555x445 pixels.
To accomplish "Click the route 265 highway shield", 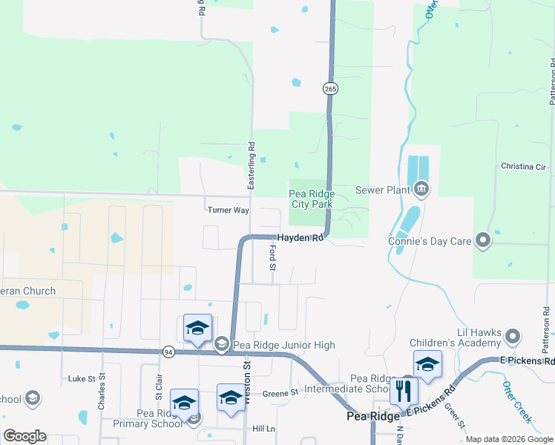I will pyautogui.click(x=330, y=89).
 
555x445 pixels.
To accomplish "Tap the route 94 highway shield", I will pyautogui.click(x=169, y=352).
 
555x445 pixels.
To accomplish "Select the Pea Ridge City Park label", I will pyautogui.click(x=311, y=199).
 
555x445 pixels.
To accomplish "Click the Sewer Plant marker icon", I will pyautogui.click(x=421, y=190).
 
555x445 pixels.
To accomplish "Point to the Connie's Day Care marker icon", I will pyautogui.click(x=483, y=240).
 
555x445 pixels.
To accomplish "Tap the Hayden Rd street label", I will pyautogui.click(x=301, y=238).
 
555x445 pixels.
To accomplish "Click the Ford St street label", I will pyautogui.click(x=272, y=257).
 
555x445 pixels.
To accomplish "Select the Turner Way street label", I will pyautogui.click(x=228, y=210).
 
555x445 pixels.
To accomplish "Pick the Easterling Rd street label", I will pyautogui.click(x=252, y=165).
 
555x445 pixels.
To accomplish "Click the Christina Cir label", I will pyautogui.click(x=523, y=166).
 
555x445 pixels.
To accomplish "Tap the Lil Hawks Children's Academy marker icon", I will pyautogui.click(x=512, y=338).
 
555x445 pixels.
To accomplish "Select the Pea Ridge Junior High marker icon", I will pyautogui.click(x=221, y=344).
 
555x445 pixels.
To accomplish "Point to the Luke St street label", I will pyautogui.click(x=82, y=378).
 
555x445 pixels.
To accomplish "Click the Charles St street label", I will pyautogui.click(x=101, y=396).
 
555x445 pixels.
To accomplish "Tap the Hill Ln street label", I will pyautogui.click(x=263, y=429).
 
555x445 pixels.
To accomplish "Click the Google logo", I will pyautogui.click(x=24, y=435).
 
